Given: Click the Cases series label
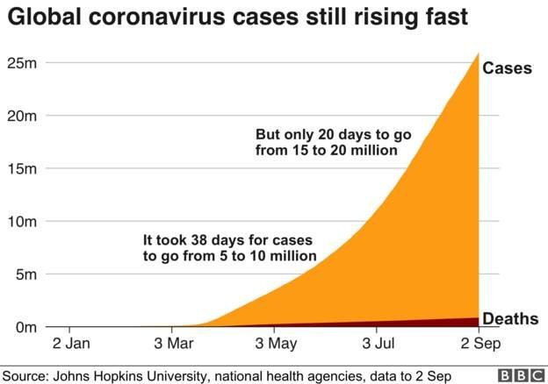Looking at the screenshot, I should click(508, 68).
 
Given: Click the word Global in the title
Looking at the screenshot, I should click(40, 18).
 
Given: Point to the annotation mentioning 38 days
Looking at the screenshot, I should click(228, 247).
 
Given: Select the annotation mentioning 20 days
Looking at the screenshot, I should click(333, 143).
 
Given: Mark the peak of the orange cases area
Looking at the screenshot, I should click(478, 53).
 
